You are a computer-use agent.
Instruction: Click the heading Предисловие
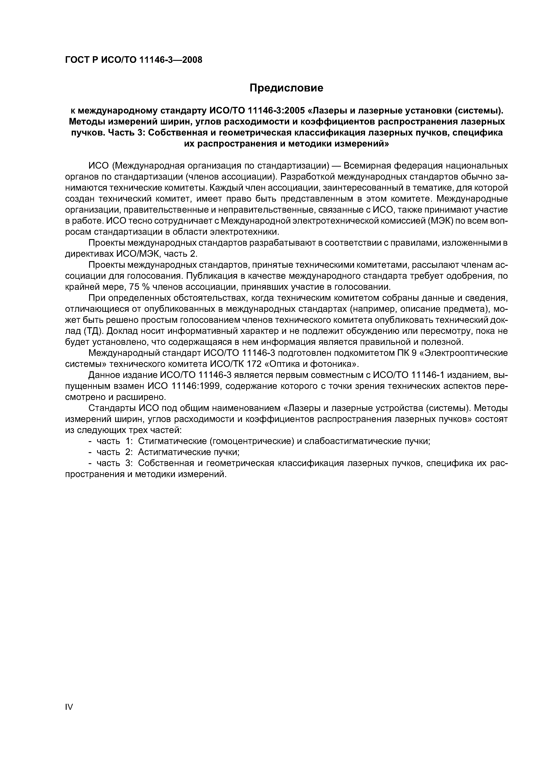286,88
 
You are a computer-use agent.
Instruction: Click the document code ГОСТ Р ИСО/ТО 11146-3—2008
133,60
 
